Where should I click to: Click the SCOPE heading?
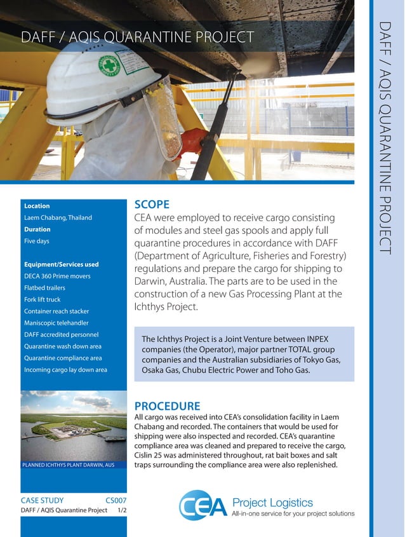point(152,205)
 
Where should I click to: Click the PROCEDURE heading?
point(167,405)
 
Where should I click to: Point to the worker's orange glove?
point(192,140)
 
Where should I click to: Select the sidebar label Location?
point(37,206)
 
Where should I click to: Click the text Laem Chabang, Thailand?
point(58,217)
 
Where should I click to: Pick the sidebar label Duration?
point(37,229)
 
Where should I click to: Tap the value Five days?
point(37,241)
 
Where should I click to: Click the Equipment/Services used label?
point(61,264)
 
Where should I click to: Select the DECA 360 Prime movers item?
point(57,276)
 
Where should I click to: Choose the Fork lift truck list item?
point(43,299)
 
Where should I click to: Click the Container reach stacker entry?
point(56,311)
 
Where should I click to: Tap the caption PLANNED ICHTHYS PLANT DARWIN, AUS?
point(68,465)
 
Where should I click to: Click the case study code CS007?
point(116,500)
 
